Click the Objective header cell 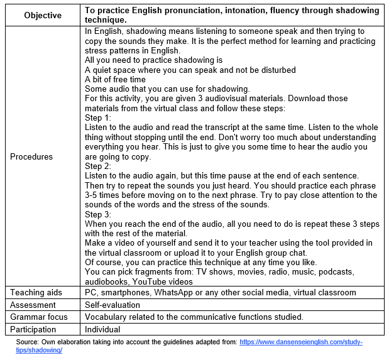[x=43, y=15]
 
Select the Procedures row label [x=31, y=156]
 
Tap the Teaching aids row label [x=36, y=292]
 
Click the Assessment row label [x=33, y=304]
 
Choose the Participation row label [x=33, y=329]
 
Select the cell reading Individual [x=102, y=329]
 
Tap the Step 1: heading [x=97, y=117]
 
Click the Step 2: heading [x=97, y=166]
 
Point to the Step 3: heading [x=97, y=214]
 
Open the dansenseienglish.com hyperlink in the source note [x=301, y=342]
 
